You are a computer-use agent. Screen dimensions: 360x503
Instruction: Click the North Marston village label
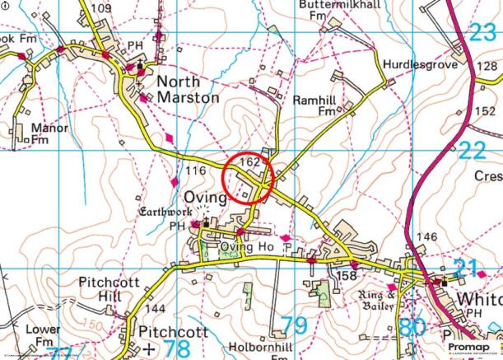(x=188, y=89)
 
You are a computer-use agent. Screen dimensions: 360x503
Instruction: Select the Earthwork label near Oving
(x=161, y=213)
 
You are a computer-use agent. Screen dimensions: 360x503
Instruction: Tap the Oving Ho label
(x=246, y=247)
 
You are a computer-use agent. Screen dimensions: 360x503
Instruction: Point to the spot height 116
(x=195, y=171)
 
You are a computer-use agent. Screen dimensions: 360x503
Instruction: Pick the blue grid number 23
(x=482, y=34)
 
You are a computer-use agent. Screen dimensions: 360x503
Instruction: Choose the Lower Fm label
(x=42, y=335)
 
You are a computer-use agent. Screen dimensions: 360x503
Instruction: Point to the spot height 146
(x=426, y=237)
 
